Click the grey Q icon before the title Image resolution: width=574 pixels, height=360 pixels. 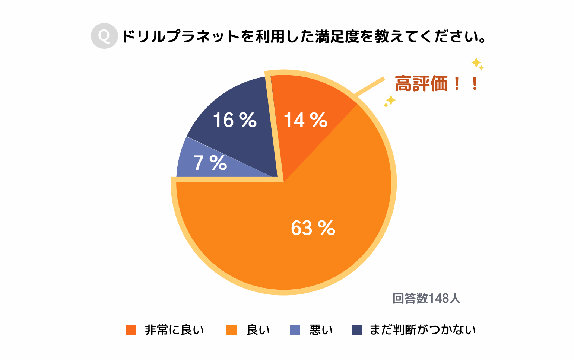(104, 36)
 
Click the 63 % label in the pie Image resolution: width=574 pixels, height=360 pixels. (313, 228)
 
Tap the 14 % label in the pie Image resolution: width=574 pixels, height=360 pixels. (305, 120)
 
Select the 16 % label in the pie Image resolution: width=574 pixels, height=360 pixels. (235, 120)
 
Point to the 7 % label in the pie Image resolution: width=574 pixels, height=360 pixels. (210, 163)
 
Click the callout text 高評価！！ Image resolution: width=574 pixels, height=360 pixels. (436, 83)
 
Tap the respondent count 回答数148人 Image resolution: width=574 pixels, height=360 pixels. (426, 298)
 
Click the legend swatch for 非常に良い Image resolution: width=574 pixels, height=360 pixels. (131, 330)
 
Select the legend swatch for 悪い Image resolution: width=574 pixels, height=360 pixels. (295, 330)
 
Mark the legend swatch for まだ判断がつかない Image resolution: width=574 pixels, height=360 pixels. (357, 330)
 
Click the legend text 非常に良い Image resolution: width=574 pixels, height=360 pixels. (174, 330)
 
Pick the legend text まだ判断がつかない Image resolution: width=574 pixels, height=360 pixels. (422, 330)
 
